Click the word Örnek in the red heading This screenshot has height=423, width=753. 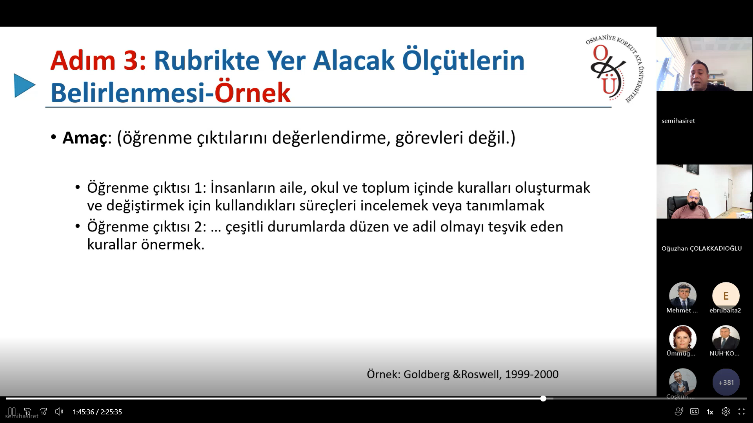click(252, 93)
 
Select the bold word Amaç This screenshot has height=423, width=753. click(85, 138)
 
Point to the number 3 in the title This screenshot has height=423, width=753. click(131, 61)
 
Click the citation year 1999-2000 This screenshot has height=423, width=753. click(531, 374)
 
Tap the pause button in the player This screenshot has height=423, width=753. click(12, 412)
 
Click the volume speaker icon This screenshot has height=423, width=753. click(59, 412)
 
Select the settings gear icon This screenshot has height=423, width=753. click(726, 412)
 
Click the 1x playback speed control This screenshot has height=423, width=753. click(710, 412)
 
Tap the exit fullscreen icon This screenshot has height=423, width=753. click(741, 412)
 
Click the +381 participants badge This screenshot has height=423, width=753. click(726, 382)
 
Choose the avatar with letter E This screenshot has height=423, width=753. click(726, 296)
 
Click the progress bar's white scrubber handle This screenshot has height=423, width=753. click(543, 398)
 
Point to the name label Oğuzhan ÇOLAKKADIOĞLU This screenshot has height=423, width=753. click(702, 248)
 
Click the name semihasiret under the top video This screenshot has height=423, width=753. click(678, 121)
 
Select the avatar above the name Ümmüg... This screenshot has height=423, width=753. click(683, 339)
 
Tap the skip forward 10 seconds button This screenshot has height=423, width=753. click(43, 412)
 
